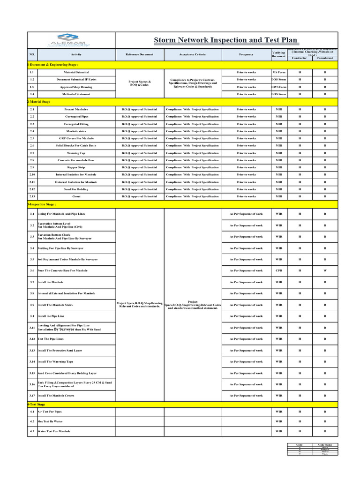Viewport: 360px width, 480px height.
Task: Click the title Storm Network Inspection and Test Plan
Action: (225, 40)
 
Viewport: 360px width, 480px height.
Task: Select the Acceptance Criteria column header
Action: (192, 54)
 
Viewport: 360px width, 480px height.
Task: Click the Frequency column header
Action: (246, 54)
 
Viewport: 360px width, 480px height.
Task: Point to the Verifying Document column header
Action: (278, 55)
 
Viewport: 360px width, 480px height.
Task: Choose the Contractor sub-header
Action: (300, 58)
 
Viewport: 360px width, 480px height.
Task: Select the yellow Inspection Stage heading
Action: (42, 204)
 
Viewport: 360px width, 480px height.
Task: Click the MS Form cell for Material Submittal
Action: (279, 73)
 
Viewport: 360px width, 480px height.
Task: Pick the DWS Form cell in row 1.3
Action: (279, 87)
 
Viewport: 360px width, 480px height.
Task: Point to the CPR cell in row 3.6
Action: (279, 270)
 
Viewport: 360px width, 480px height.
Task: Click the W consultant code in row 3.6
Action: (325, 270)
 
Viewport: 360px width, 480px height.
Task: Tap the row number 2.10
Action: (32, 174)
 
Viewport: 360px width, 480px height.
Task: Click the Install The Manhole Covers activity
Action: (56, 396)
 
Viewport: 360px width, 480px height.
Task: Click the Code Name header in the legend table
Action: (325, 444)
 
